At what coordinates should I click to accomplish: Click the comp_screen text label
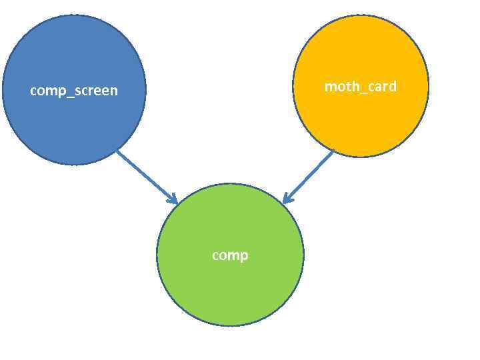[74, 91]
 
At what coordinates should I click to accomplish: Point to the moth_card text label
[361, 87]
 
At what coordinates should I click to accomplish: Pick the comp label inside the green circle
[230, 255]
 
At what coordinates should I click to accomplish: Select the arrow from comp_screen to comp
[146, 176]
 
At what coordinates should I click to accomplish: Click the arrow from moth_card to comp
[309, 176]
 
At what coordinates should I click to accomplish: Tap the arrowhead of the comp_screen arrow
[174, 200]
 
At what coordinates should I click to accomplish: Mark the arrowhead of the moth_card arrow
[286, 199]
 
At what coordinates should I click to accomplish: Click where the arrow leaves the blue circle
[117, 151]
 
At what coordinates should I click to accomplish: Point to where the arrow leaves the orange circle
[332, 152]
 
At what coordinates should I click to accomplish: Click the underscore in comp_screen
[66, 95]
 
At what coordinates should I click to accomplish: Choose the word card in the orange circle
[381, 87]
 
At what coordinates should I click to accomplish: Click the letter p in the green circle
[244, 257]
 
